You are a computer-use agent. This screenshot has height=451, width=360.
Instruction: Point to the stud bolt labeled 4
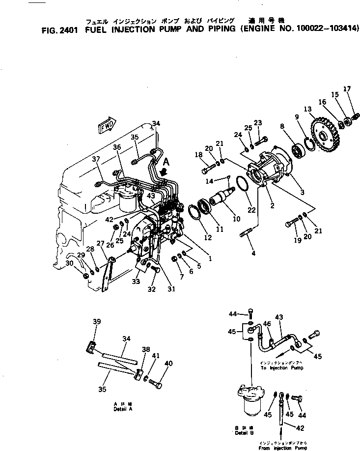247,232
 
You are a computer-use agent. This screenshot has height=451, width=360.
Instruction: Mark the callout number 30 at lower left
70,263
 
